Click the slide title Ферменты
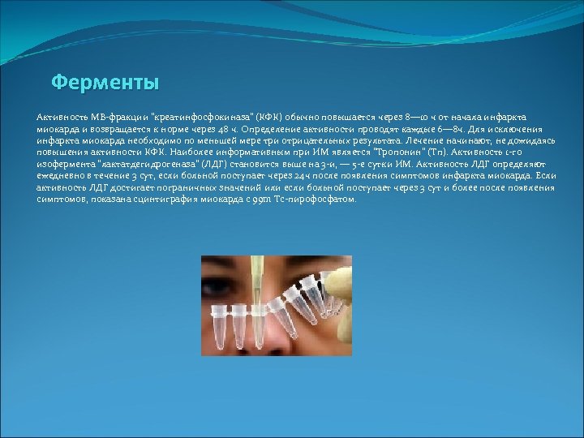(x=105, y=83)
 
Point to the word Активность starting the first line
(x=61, y=118)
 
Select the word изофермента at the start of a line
(x=61, y=163)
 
